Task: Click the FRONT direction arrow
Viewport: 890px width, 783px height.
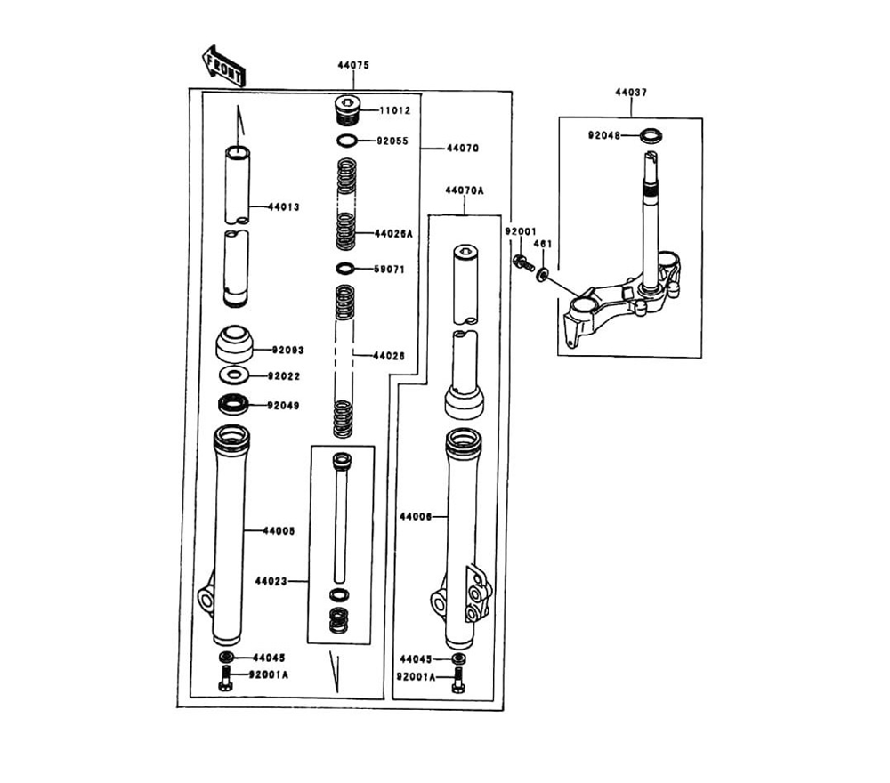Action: pyautogui.click(x=224, y=66)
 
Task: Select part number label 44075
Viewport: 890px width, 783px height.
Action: pyautogui.click(x=352, y=66)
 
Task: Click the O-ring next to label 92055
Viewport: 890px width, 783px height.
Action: pyautogui.click(x=347, y=141)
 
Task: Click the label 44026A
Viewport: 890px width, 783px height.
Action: pyautogui.click(x=394, y=233)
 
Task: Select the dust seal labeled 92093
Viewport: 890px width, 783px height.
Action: pyautogui.click(x=235, y=343)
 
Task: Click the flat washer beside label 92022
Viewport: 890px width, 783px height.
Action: pyautogui.click(x=234, y=375)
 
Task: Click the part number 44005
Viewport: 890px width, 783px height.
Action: pyautogui.click(x=279, y=530)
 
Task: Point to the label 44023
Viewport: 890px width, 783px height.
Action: pyautogui.click(x=271, y=582)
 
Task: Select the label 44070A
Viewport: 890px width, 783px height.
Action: pyautogui.click(x=465, y=190)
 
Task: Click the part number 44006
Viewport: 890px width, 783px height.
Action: pyautogui.click(x=416, y=515)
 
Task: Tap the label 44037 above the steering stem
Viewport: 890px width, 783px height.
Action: pyautogui.click(x=631, y=93)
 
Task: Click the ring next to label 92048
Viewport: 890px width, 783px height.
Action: pyautogui.click(x=653, y=136)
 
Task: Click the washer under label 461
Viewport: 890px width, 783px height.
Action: pyautogui.click(x=542, y=270)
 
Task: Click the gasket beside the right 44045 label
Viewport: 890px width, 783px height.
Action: pyautogui.click(x=458, y=659)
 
